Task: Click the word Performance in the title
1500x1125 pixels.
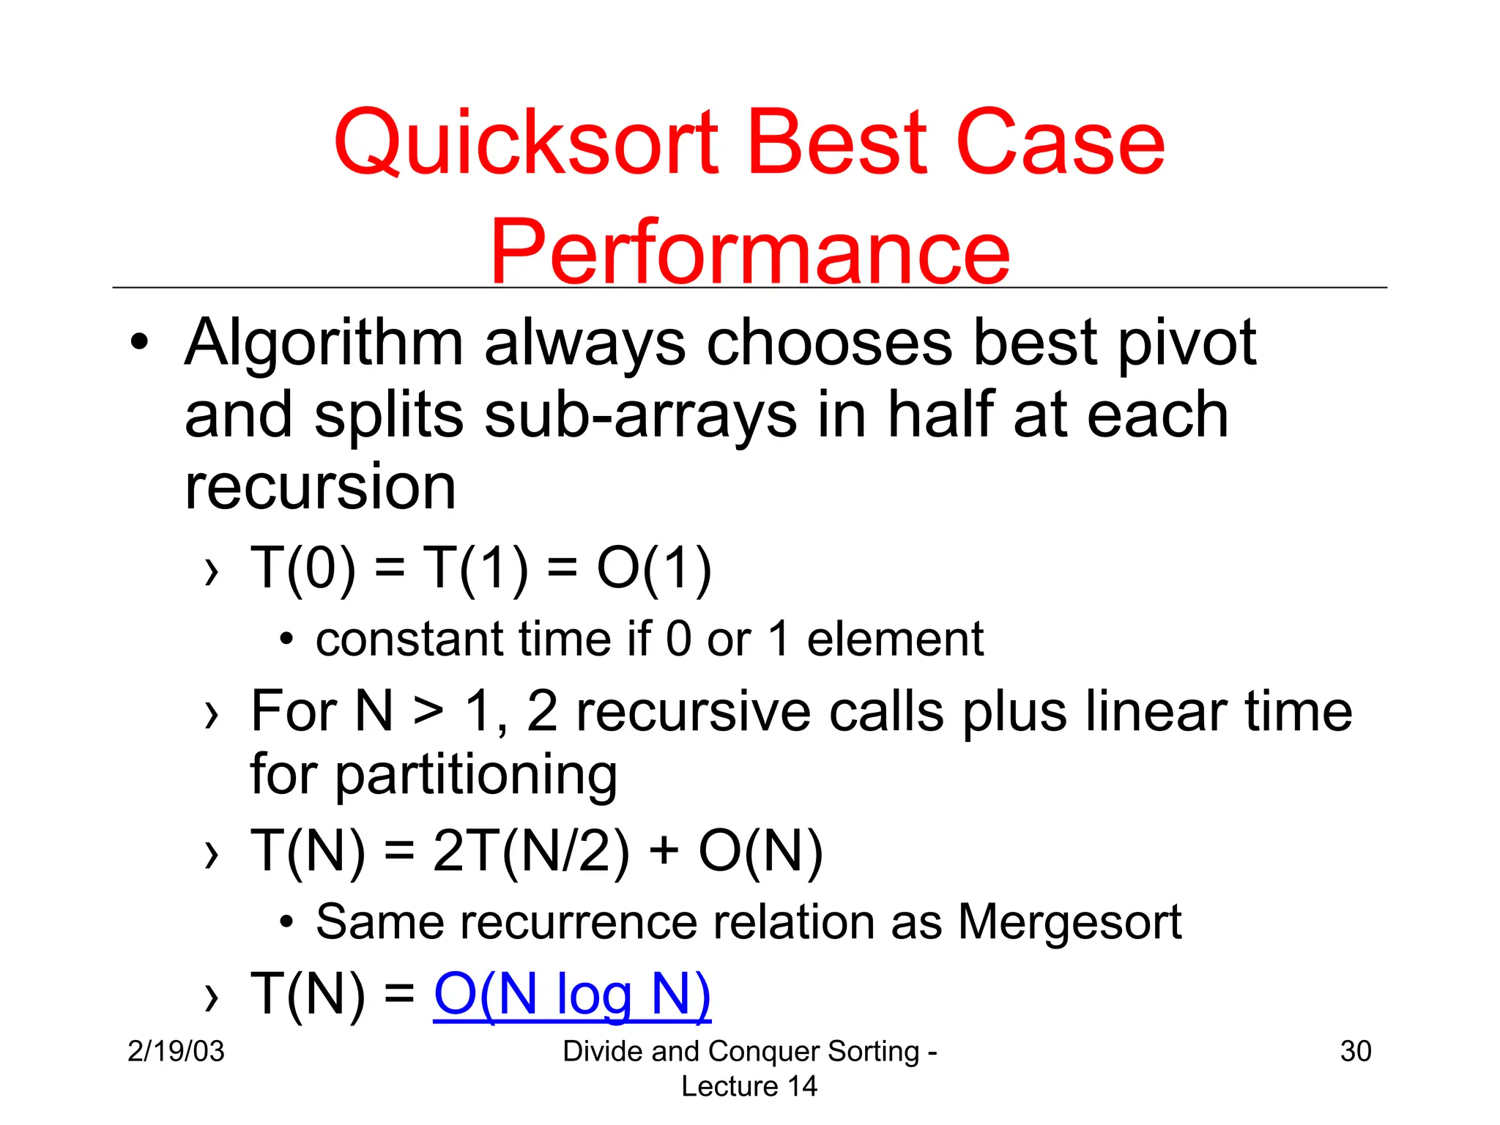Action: click(x=749, y=253)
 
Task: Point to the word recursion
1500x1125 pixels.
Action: click(x=320, y=487)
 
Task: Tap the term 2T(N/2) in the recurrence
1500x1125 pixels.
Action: click(x=531, y=851)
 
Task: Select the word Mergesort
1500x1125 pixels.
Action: click(x=1069, y=921)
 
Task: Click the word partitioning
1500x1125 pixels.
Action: click(x=476, y=775)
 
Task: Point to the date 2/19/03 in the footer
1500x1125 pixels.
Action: click(x=176, y=1051)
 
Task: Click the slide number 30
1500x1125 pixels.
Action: click(x=1355, y=1051)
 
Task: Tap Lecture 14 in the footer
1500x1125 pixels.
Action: click(x=749, y=1086)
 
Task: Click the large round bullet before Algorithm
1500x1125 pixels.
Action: click(x=139, y=343)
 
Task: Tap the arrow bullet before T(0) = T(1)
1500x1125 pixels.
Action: click(x=212, y=571)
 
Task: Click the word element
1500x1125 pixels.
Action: click(x=895, y=639)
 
